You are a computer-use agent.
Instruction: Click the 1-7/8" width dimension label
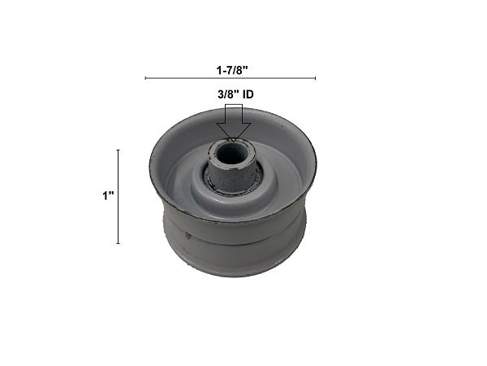point(232,70)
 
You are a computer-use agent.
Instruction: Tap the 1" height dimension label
point(108,196)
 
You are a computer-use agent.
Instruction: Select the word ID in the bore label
point(248,94)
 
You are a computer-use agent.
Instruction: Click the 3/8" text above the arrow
point(228,94)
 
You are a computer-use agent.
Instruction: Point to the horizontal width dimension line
point(231,78)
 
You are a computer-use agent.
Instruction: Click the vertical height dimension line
point(118,197)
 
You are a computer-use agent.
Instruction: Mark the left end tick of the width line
point(145,78)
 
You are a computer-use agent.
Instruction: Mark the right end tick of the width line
point(315,78)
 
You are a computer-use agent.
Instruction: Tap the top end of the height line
point(118,150)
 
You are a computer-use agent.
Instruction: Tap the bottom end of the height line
point(118,243)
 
